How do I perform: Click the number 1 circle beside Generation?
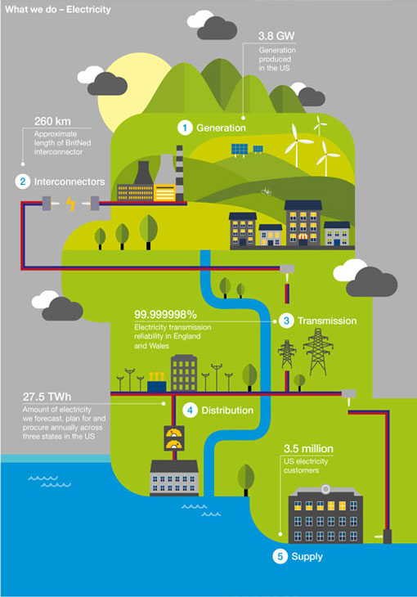pyautogui.click(x=185, y=128)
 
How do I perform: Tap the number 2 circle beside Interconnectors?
pyautogui.click(x=22, y=182)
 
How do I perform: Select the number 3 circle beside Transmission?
pyautogui.click(x=286, y=321)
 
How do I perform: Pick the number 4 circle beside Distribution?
pyautogui.click(x=190, y=411)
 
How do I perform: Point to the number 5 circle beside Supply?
pyautogui.click(x=280, y=557)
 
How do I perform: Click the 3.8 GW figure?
pyautogui.click(x=276, y=36)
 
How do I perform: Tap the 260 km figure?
pyautogui.click(x=52, y=122)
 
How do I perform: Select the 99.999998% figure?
pyautogui.click(x=165, y=315)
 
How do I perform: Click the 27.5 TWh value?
pyautogui.click(x=47, y=397)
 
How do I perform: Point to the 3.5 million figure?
pyautogui.click(x=308, y=448)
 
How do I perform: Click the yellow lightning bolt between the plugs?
pyautogui.click(x=70, y=204)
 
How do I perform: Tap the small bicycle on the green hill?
pyautogui.click(x=267, y=191)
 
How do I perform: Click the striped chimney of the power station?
pyautogui.click(x=179, y=173)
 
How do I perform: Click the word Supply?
pyautogui.click(x=307, y=557)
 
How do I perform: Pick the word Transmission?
pyautogui.click(x=327, y=321)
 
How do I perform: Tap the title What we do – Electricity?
pyautogui.click(x=58, y=10)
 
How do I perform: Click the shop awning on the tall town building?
pyautogui.click(x=303, y=237)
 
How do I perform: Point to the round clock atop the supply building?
pyautogui.click(x=325, y=489)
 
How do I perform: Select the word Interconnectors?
pyautogui.click(x=69, y=182)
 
